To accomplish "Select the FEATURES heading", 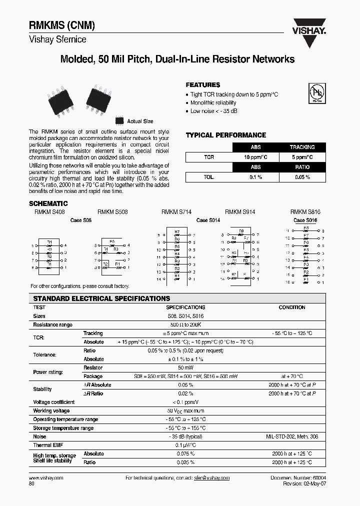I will [203, 85].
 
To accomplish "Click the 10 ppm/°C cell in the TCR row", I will [255, 157].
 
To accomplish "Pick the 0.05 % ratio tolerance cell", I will [302, 177].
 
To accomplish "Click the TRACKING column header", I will [302, 147].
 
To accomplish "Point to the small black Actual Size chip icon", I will [119, 121].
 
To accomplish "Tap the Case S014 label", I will [208, 220].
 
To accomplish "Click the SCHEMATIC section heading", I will [48, 203].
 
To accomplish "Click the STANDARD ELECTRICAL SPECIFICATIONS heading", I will [101, 298].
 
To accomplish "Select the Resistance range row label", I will [52, 324].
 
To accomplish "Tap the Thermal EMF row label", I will [48, 445].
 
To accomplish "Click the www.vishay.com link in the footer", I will [46, 478].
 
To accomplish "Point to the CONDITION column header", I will [291, 307].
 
